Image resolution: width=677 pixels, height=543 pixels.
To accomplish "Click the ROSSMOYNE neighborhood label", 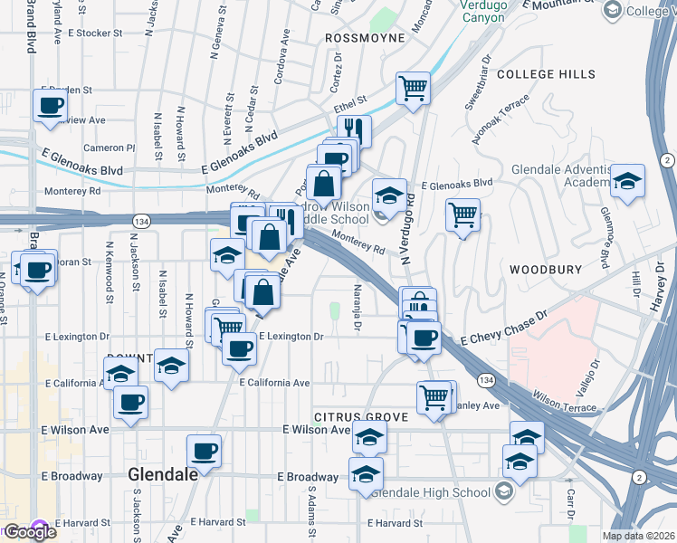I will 365,39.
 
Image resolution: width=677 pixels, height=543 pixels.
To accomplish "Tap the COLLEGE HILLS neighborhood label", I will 546,74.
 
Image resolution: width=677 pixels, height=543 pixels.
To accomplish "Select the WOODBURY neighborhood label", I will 543,270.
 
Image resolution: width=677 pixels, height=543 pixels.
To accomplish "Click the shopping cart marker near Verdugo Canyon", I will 413,89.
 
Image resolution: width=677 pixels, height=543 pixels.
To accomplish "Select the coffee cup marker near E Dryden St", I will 50,105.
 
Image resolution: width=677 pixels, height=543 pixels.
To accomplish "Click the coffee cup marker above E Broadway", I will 204,451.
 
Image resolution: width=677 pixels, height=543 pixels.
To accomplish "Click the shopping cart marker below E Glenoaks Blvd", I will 462,214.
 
